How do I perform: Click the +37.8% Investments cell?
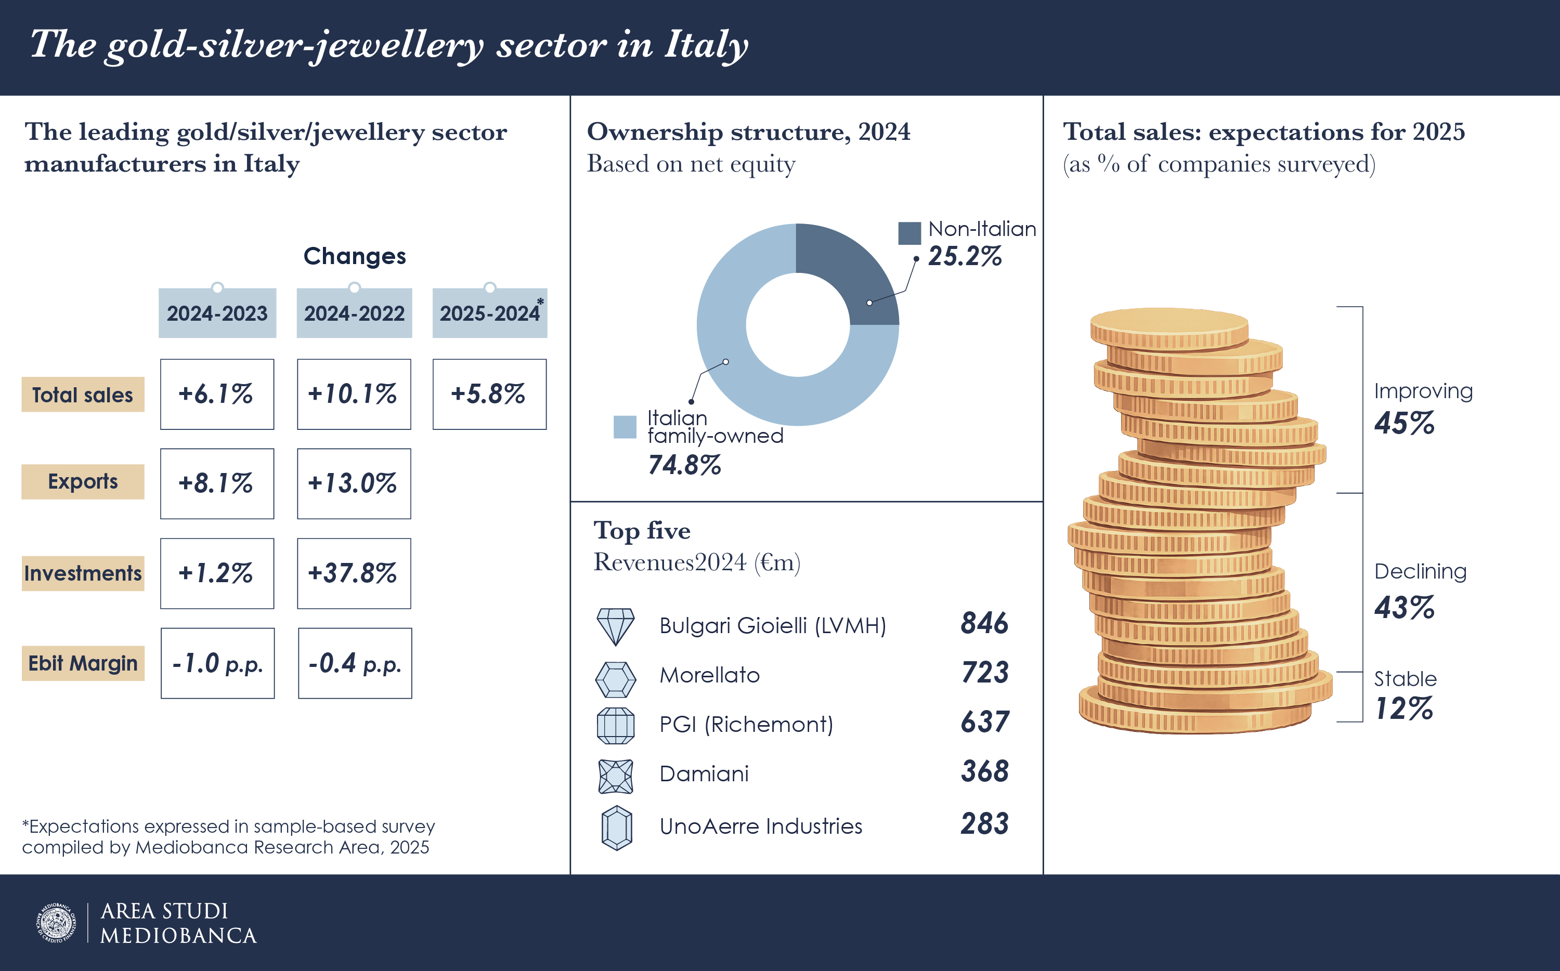coord(354,573)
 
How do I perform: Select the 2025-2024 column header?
coord(489,313)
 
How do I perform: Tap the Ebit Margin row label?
coord(83,663)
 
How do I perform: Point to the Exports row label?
coord(83,482)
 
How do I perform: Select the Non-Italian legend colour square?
coord(909,233)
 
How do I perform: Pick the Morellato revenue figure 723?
coord(984,673)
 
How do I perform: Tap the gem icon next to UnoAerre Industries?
coord(617,828)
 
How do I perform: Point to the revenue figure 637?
coord(984,722)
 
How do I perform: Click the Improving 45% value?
coord(1405,423)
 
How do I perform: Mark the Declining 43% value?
coord(1405,608)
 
